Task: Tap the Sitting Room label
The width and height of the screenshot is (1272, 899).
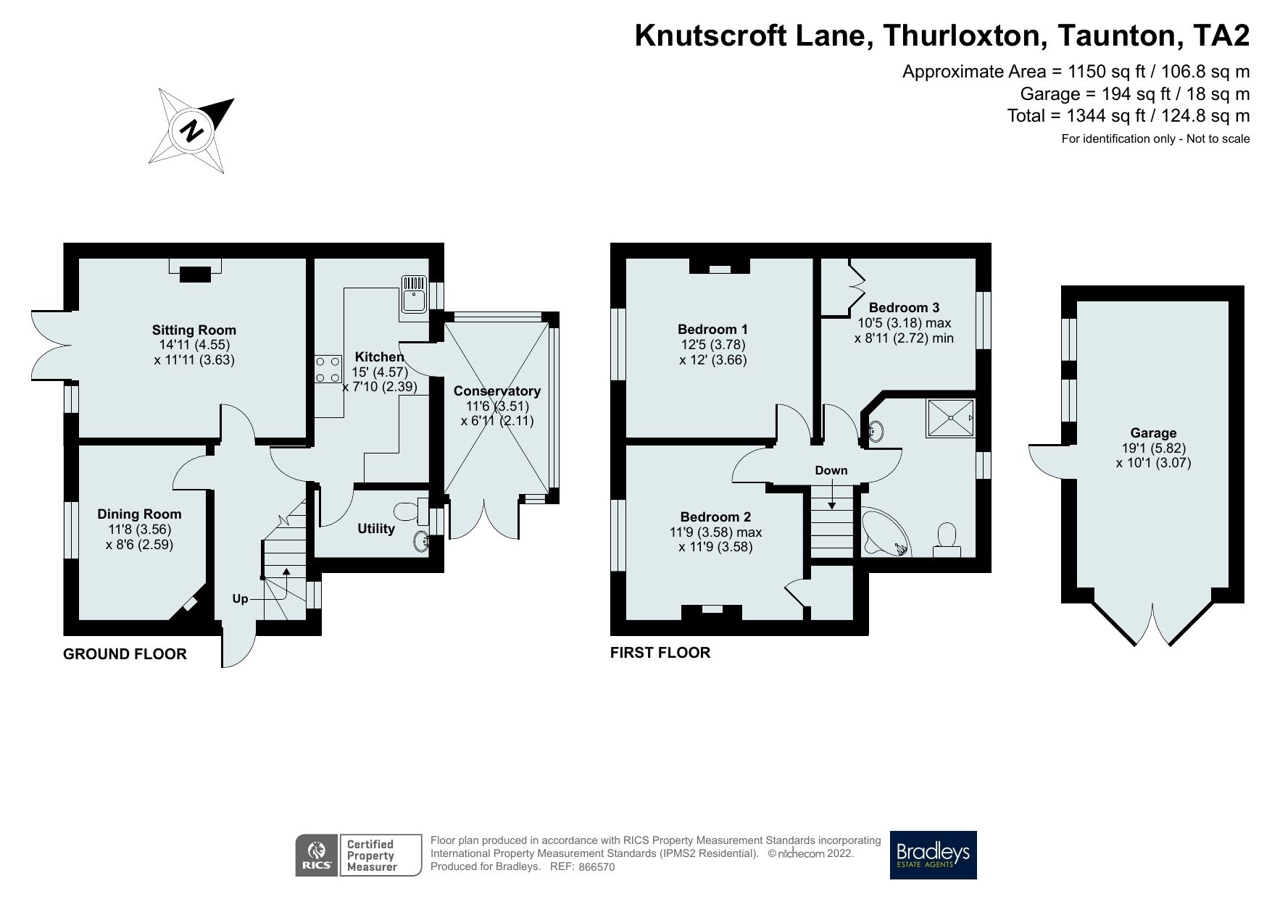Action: pyautogui.click(x=194, y=330)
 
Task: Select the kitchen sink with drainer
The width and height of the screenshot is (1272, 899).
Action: pyautogui.click(x=415, y=297)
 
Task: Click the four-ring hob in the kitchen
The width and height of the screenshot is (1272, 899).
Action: pyautogui.click(x=328, y=368)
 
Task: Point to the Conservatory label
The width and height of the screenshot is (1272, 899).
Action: pyautogui.click(x=497, y=391)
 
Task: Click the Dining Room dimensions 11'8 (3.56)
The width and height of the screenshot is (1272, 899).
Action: pyautogui.click(x=139, y=529)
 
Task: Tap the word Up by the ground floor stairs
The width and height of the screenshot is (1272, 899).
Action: pyautogui.click(x=240, y=599)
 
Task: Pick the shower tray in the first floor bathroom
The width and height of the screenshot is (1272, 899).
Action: pyautogui.click(x=949, y=418)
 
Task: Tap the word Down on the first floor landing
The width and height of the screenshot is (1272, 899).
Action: pyautogui.click(x=831, y=470)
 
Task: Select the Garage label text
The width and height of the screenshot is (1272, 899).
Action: pyautogui.click(x=1153, y=433)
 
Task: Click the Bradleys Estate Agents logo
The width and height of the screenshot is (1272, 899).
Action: pyautogui.click(x=933, y=855)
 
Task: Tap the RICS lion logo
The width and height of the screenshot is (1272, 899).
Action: pyautogui.click(x=317, y=855)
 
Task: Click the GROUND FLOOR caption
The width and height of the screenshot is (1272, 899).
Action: pyautogui.click(x=125, y=654)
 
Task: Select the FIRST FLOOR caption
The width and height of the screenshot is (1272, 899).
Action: pyautogui.click(x=660, y=653)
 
